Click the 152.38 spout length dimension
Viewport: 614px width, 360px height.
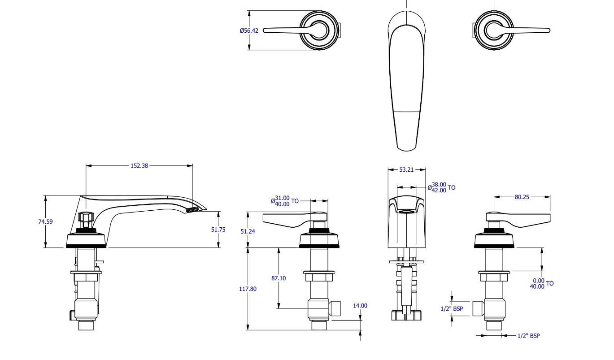(139, 165)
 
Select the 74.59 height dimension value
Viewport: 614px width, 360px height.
(45, 221)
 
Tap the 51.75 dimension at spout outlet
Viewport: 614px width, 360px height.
(218, 230)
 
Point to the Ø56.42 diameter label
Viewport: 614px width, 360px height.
(249, 31)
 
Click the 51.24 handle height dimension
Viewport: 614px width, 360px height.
(247, 231)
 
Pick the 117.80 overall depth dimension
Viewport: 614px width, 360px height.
(248, 289)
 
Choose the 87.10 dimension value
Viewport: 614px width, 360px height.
(279, 278)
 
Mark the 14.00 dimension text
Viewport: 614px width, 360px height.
(360, 306)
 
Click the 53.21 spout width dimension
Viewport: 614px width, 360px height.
(406, 170)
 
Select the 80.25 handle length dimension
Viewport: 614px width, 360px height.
(522, 197)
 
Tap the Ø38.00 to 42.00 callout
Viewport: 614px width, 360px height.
(441, 187)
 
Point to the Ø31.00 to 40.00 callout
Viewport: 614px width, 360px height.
(284, 201)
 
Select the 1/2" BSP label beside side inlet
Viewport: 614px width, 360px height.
(452, 309)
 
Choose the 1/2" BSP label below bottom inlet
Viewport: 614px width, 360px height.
(528, 336)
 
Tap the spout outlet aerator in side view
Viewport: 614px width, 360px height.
(192, 209)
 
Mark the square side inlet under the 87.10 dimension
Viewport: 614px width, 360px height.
(335, 308)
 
